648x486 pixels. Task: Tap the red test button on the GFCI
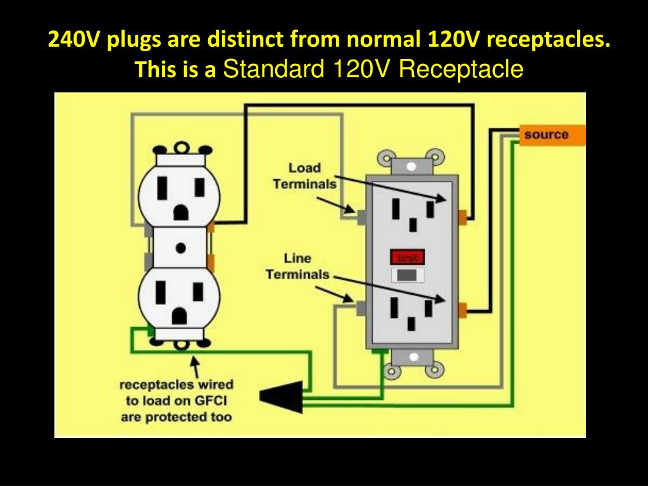(407, 257)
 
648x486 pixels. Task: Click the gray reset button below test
(407, 275)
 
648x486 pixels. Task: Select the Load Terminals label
(304, 176)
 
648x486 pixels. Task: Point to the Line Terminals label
(297, 266)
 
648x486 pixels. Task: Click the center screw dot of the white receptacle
(180, 248)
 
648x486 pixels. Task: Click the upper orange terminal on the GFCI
(463, 217)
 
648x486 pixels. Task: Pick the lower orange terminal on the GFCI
(463, 309)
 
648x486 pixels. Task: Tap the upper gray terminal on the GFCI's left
(361, 216)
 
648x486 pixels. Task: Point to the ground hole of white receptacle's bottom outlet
(180, 314)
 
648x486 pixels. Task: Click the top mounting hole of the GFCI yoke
(412, 166)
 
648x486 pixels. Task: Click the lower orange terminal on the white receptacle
(211, 261)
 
